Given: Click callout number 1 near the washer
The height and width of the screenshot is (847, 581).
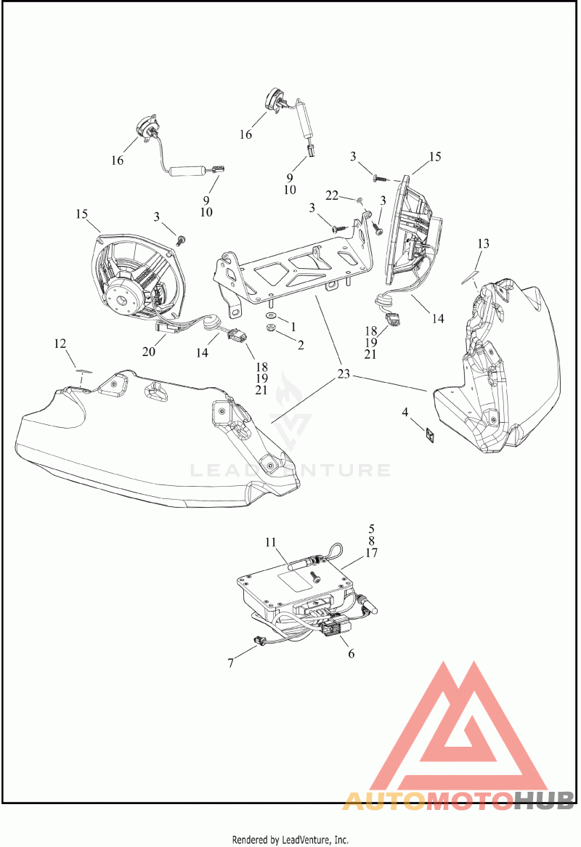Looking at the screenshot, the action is (293, 327).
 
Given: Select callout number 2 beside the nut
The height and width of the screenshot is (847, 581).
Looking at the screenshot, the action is (301, 344).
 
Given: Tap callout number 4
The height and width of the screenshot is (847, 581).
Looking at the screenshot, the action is (405, 413).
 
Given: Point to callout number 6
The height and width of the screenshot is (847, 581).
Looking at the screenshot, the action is (351, 654).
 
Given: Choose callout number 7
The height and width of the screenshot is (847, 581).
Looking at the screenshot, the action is (230, 662).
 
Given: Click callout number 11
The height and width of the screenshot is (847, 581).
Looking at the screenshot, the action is (270, 543).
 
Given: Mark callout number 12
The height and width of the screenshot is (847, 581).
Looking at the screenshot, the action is (60, 344).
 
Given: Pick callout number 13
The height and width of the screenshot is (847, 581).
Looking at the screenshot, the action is (483, 243).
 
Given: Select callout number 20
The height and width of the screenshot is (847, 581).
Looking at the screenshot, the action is (148, 352).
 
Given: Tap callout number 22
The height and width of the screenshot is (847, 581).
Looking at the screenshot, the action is (332, 195).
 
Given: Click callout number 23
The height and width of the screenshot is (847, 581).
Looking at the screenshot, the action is (344, 374).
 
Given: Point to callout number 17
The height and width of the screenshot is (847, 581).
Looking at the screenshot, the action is (371, 553).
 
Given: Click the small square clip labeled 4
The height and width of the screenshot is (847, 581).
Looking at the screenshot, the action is (431, 433).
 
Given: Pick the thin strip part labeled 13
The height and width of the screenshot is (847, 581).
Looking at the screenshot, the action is (469, 277).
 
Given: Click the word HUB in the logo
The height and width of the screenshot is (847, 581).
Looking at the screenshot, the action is (543, 800).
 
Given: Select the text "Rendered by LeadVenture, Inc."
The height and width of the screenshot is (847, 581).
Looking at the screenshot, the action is (290, 840).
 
